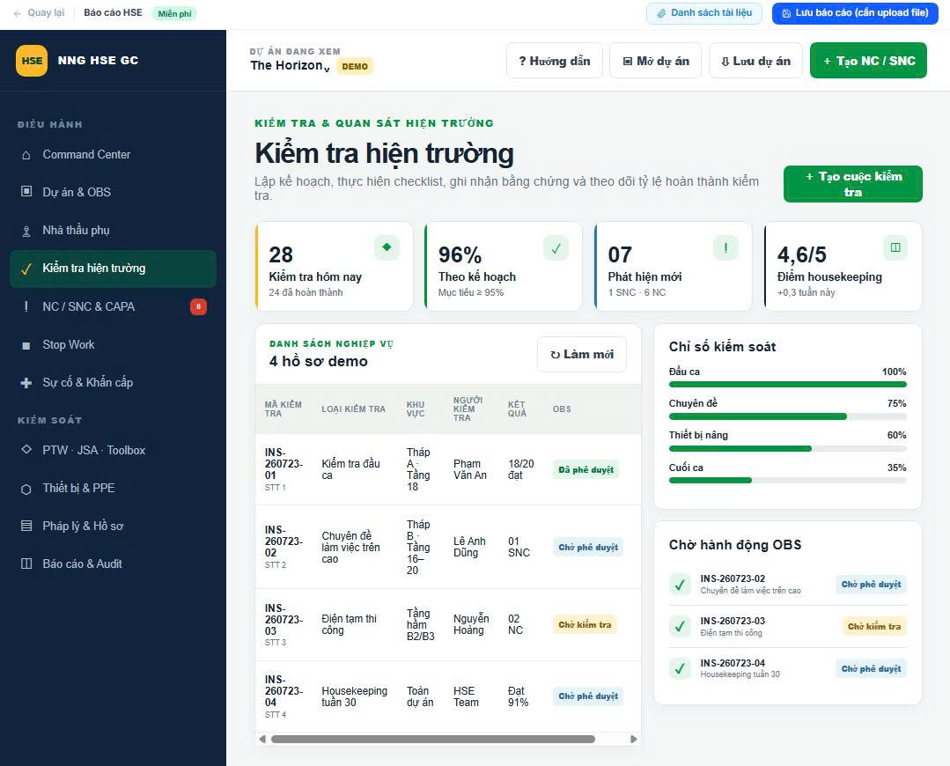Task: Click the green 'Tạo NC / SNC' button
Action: tap(868, 61)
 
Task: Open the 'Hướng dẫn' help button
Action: tap(555, 61)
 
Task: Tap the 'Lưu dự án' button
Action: tap(755, 61)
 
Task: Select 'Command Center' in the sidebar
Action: tap(86, 155)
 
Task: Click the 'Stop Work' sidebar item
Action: tap(69, 345)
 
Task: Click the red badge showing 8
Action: tap(198, 306)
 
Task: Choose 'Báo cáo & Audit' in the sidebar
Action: tap(83, 563)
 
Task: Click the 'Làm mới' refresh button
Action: tap(582, 355)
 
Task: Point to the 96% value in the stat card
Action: tap(460, 254)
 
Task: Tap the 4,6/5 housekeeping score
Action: tap(801, 254)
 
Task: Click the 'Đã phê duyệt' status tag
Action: tap(585, 469)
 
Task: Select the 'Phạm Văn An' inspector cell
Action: tap(470, 469)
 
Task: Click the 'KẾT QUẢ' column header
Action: tap(517, 409)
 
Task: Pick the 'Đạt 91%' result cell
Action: tap(518, 696)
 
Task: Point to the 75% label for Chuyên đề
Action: tap(896, 403)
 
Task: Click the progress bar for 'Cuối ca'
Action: tap(788, 480)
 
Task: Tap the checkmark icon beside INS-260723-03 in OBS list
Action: tap(680, 627)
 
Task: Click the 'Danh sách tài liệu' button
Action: tap(704, 12)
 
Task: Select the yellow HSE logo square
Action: tap(32, 61)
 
